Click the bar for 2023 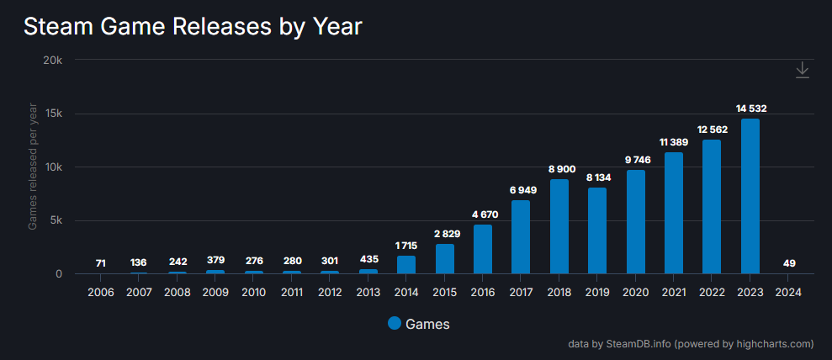750,196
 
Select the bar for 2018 559,226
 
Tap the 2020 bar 635,221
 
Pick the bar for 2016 482,249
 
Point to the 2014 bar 406,264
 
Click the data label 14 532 750,109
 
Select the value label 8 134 596,177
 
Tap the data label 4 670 482,214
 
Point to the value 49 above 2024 788,263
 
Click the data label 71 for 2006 101,263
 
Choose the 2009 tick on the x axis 215,292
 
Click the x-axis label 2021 674,292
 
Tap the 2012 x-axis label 330,292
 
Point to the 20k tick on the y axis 53,61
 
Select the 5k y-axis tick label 56,220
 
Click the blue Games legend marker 395,324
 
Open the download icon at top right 803,70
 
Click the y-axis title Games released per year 33,167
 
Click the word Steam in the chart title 58,27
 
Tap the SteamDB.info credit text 639,344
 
